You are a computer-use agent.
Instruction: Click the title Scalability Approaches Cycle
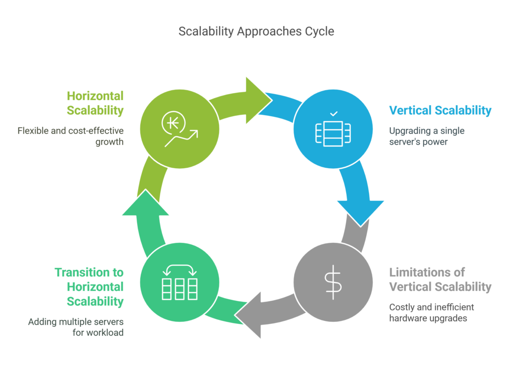[x=256, y=31]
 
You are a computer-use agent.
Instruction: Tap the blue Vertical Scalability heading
[x=440, y=111]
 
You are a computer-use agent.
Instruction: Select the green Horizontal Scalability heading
[x=95, y=103]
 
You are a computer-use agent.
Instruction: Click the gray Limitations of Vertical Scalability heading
[x=440, y=280]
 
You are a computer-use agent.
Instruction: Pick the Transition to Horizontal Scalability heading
[x=89, y=287]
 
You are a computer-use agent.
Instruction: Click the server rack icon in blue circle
[x=333, y=131]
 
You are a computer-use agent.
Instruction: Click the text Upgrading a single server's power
[x=427, y=136]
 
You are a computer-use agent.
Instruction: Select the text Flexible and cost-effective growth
[x=71, y=136]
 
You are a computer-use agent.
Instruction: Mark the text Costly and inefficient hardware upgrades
[x=431, y=312]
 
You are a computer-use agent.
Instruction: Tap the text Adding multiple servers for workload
[x=76, y=327]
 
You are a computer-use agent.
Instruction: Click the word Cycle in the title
[x=320, y=31]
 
